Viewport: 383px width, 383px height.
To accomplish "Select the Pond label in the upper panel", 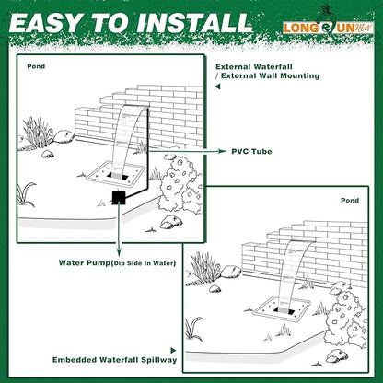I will click(37, 66).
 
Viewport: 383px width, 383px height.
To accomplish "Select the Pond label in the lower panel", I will click(350, 200).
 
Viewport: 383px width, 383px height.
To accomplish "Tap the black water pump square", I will click(118, 197).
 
